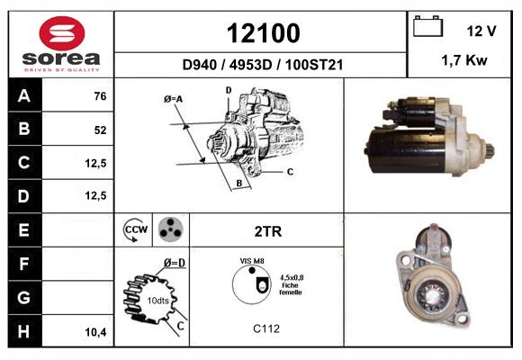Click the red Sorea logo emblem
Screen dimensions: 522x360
pos(62,33)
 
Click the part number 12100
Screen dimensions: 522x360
pos(263,33)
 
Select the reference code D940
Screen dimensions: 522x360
pos(200,65)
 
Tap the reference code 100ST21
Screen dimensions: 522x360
pos(314,65)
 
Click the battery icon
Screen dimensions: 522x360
pos(427,26)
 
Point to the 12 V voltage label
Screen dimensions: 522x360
pos(481,31)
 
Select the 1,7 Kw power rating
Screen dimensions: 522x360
pos(464,60)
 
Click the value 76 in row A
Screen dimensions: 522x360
pos(100,96)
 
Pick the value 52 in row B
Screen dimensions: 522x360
pos(100,130)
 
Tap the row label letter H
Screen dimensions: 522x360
pos(23,331)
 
